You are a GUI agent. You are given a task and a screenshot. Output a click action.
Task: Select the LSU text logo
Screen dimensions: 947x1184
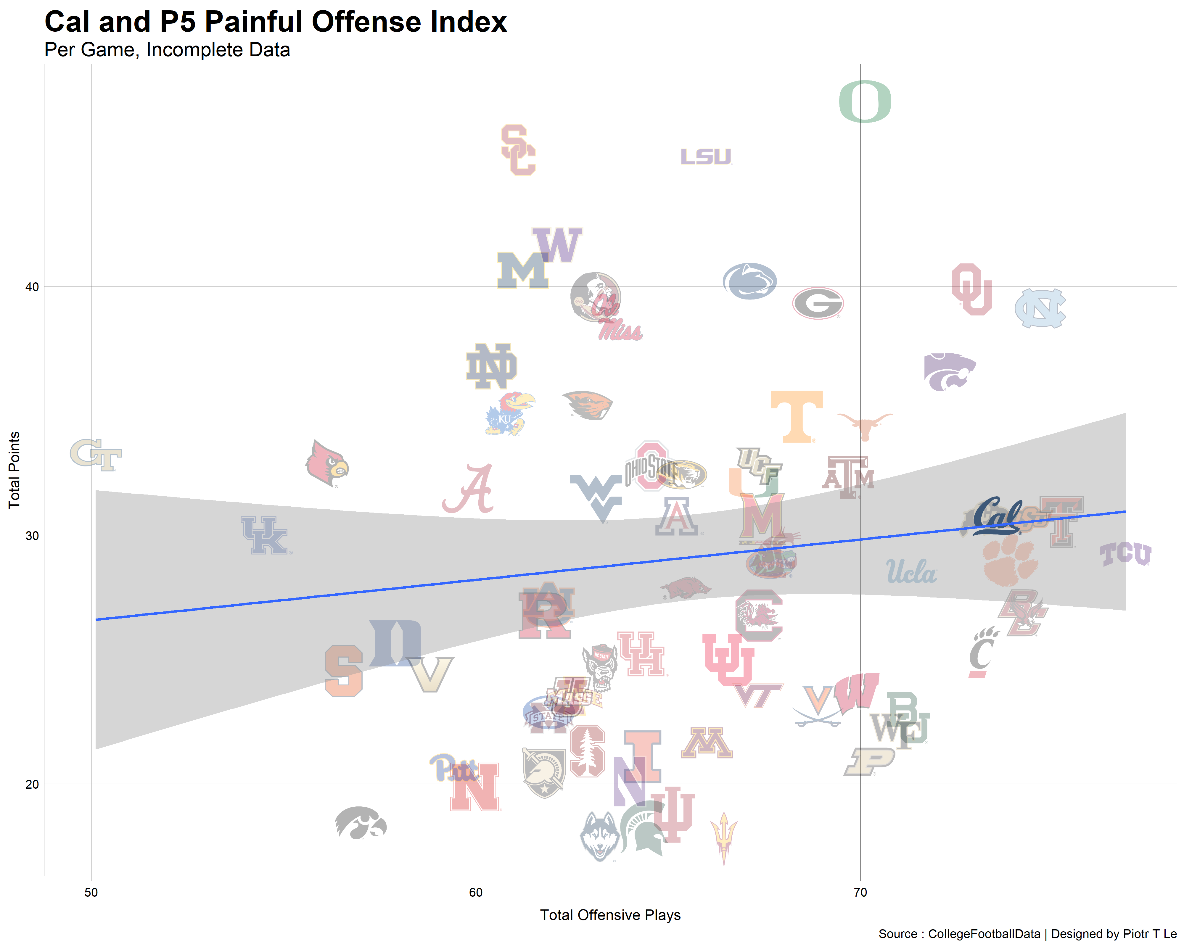706,157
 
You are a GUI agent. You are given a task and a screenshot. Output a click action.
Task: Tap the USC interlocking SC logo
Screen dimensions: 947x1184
518,150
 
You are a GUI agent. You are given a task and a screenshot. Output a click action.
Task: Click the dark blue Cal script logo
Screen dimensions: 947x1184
997,516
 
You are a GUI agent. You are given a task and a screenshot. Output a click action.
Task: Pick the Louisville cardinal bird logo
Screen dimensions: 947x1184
327,464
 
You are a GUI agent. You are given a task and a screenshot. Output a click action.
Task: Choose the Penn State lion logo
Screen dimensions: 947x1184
749,281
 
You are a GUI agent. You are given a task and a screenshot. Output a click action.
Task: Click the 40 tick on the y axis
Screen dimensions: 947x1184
32,286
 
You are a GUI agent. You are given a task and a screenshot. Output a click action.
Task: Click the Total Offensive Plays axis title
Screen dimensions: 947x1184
610,915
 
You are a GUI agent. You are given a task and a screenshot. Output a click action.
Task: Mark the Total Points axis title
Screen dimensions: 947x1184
14,471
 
